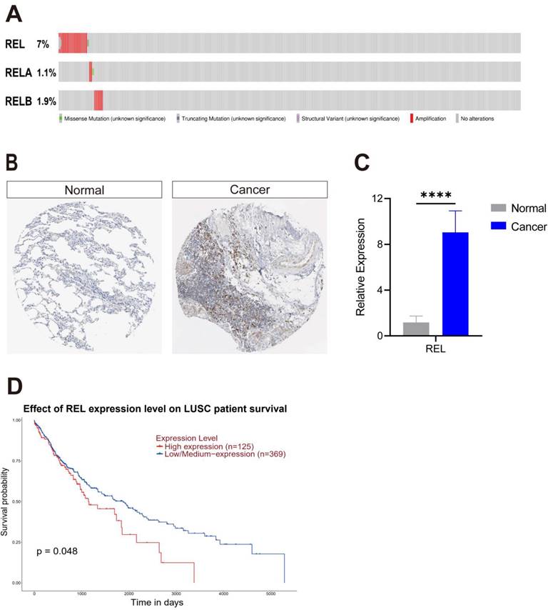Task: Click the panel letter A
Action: pos(14,14)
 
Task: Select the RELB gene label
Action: pos(17,101)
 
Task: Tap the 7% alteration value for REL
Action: pos(43,44)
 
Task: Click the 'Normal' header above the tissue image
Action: pos(84,190)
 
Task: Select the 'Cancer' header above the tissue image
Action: pos(249,190)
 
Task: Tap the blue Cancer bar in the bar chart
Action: pos(455,284)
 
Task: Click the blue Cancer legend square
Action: pos(497,226)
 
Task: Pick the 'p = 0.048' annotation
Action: pos(57,551)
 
